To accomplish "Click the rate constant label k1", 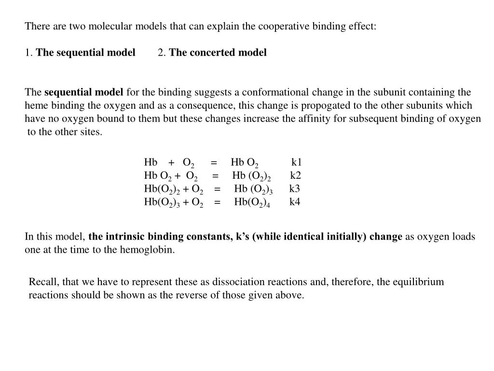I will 297,162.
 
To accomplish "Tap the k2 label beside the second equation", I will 296,175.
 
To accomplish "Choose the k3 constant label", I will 295,188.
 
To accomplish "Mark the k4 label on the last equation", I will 295,201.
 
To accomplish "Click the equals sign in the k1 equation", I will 214,162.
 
